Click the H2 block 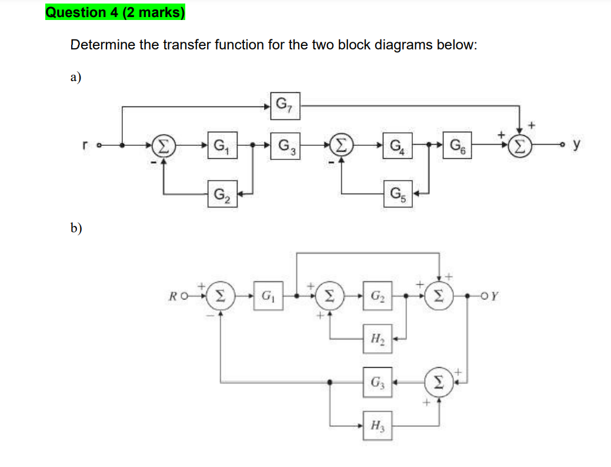click(376, 338)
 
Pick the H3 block click(376, 425)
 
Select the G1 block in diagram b click(269, 295)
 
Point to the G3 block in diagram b click(376, 381)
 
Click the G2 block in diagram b click(376, 295)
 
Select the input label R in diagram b click(171, 295)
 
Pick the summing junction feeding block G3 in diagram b click(439, 381)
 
